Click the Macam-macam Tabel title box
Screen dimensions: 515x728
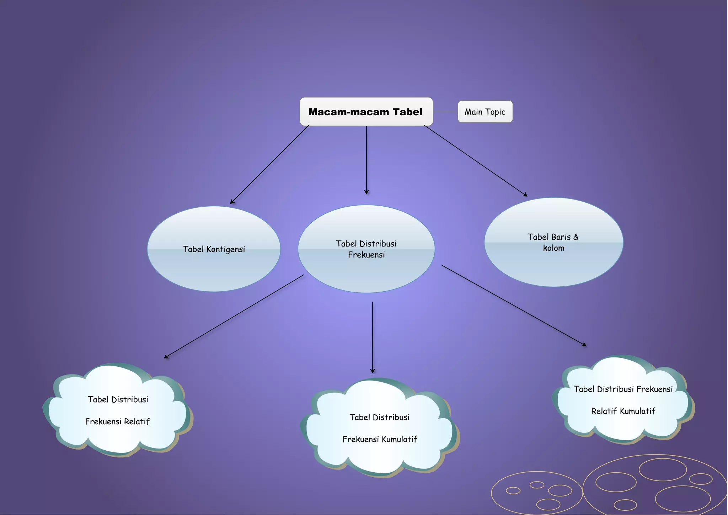tap(366, 112)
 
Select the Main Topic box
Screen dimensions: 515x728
tap(485, 112)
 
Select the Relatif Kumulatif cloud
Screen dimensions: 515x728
tap(623, 400)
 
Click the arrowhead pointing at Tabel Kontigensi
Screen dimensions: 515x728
tap(232, 202)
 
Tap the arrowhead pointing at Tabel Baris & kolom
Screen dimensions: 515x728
tap(525, 195)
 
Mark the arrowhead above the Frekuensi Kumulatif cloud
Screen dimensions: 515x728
tap(373, 371)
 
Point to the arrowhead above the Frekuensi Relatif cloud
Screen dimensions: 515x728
tap(166, 356)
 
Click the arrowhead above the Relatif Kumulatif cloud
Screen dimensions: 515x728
tap(584, 344)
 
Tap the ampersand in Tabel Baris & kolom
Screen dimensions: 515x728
tap(576, 237)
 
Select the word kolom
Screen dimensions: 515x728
tap(553, 248)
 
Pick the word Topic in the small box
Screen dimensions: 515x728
tap(495, 112)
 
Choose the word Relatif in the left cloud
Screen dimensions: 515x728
tap(137, 421)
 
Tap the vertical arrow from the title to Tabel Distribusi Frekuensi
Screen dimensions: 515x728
tap(366, 160)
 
